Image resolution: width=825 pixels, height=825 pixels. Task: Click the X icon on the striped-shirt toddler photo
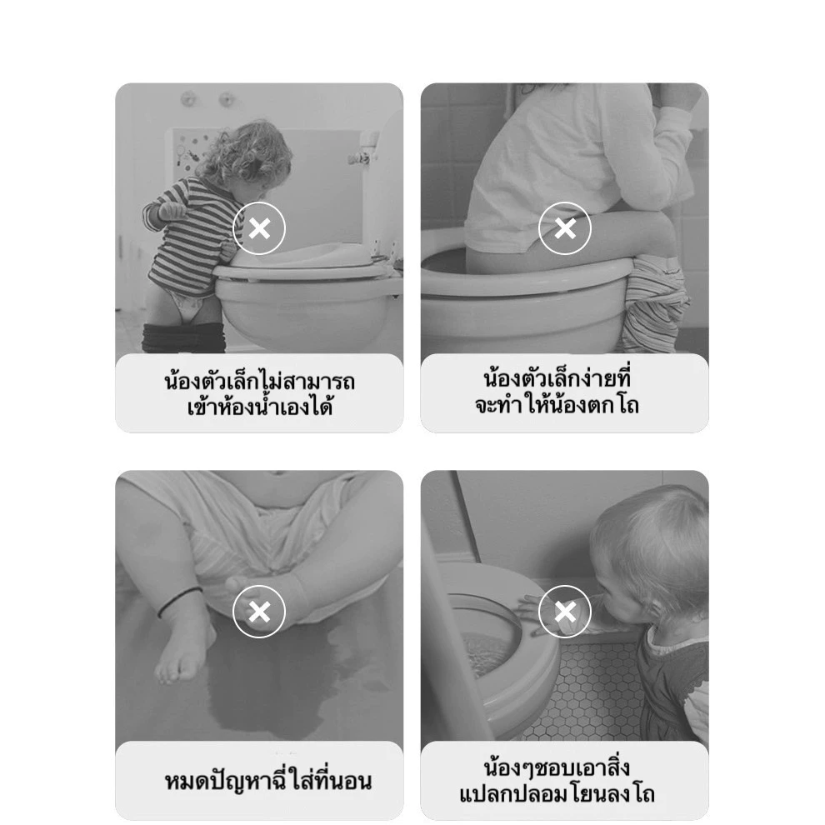259,228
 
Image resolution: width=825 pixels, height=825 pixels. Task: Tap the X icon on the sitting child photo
564,228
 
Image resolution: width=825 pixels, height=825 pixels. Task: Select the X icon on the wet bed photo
259,612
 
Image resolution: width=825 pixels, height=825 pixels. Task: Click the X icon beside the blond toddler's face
564,612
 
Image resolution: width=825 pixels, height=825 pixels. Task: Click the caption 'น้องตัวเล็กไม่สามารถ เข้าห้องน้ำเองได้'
259,393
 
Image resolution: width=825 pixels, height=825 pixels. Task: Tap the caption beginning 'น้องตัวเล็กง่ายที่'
557,392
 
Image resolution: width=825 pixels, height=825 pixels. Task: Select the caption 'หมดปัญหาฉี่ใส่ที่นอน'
267,780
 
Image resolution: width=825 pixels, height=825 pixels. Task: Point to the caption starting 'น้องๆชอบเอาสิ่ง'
557,780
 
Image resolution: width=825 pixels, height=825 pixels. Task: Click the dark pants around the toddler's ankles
183,338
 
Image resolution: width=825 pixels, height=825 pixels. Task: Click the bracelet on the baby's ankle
179,600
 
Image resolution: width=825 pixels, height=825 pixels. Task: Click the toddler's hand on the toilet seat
537,613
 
